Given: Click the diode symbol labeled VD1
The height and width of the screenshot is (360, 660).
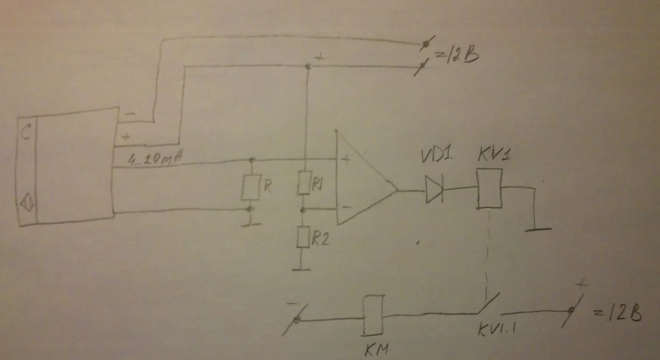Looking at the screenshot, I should (434, 190).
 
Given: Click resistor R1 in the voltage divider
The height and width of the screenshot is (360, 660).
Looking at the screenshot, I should (304, 183).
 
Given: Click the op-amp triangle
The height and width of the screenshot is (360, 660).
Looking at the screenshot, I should (362, 180).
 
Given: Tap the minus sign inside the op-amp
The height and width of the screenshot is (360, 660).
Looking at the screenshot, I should (347, 207).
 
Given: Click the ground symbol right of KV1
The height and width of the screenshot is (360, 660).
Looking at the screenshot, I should (538, 227).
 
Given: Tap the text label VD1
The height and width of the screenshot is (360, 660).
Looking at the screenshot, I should (436, 158).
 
